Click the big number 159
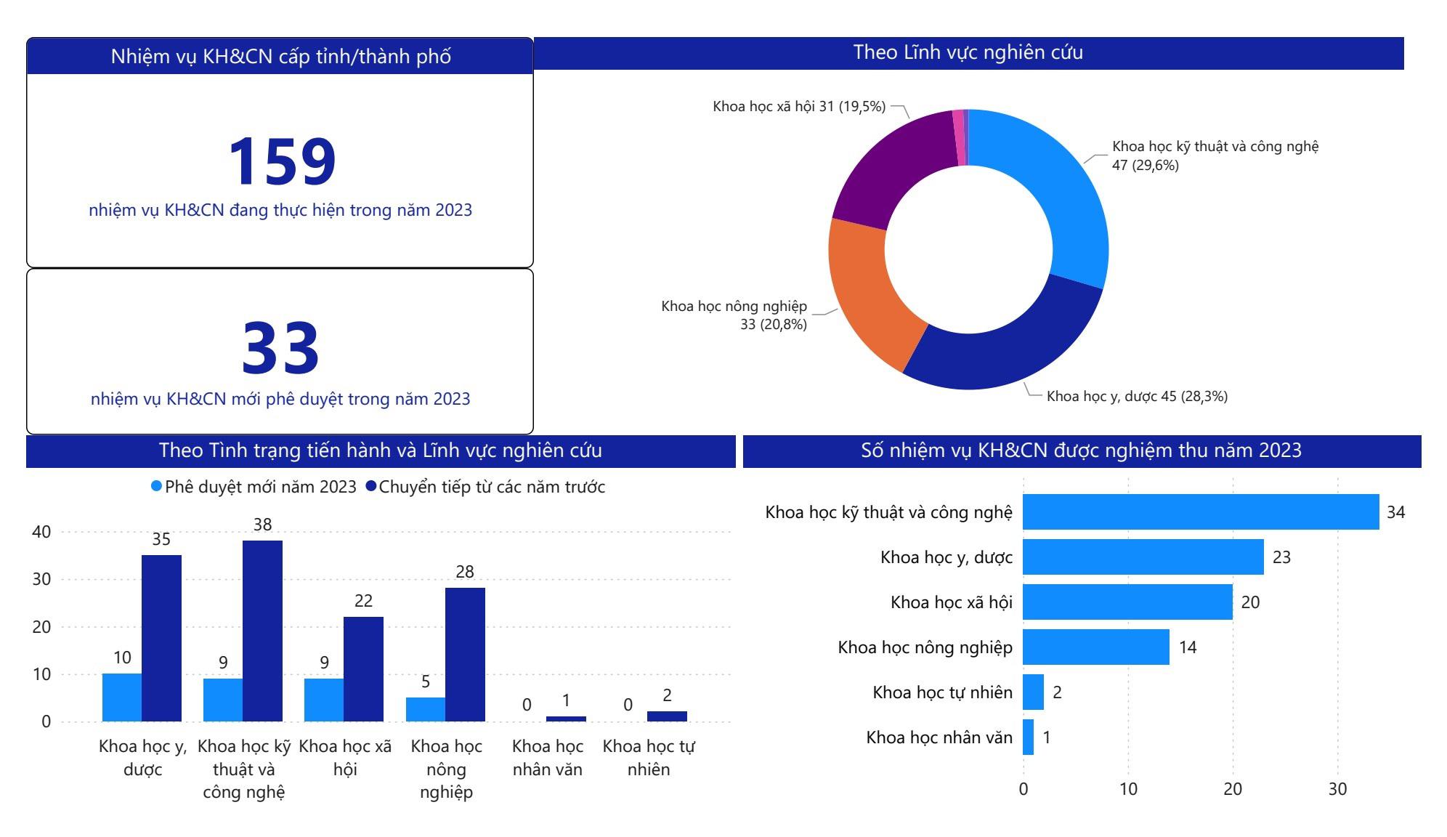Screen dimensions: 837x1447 pos(282,161)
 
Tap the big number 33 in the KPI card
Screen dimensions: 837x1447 pos(280,348)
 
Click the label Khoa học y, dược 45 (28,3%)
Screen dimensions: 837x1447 pos(1137,397)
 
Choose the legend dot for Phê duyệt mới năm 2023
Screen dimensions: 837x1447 pos(156,487)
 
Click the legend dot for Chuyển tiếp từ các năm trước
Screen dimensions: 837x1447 pos(371,487)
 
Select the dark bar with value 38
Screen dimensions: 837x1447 pos(262,631)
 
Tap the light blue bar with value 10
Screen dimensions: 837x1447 pos(122,697)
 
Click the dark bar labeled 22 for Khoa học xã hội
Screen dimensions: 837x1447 pos(363,669)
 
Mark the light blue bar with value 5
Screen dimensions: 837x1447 pos(426,709)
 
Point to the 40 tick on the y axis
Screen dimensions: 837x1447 pos(41,532)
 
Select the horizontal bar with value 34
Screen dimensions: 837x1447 pos(1200,512)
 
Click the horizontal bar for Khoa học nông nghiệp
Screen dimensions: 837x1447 pos(1095,647)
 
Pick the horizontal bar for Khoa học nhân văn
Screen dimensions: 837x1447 pos(1028,737)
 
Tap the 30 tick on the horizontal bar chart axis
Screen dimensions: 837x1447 pos(1337,789)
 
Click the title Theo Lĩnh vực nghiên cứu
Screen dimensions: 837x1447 pos(968,52)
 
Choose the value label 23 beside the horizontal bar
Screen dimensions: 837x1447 pos(1281,557)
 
